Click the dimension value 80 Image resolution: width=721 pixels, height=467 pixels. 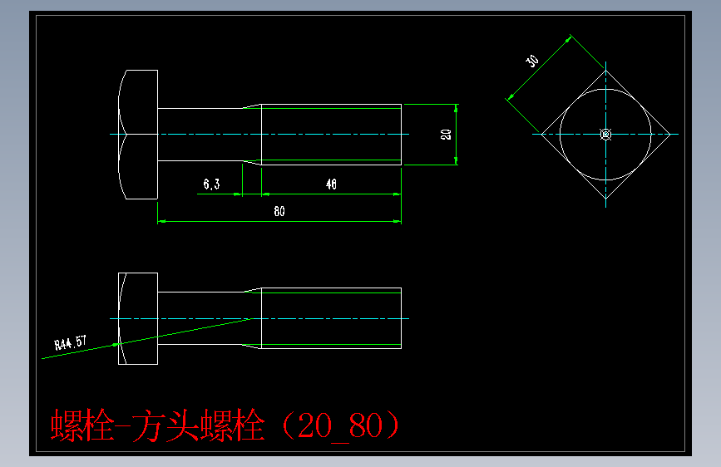pos(279,211)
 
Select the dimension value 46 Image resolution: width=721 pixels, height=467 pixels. pos(331,184)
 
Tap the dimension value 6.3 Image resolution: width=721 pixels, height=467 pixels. pos(211,184)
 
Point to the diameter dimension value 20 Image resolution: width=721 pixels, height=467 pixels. pos(446,134)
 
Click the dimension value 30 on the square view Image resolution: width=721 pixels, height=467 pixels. pos(532,61)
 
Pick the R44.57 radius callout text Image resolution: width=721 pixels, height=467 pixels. pos(70,342)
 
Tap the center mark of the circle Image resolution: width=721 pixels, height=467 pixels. pos(605,134)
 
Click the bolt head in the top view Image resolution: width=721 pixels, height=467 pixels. pos(139,134)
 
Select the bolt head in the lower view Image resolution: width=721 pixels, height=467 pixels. pos(138,318)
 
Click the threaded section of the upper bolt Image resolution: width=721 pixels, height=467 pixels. pos(331,134)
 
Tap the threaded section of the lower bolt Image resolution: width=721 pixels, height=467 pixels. pos(331,318)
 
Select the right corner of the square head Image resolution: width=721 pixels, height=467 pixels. pos(670,134)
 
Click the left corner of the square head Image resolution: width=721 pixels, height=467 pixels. pos(542,134)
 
